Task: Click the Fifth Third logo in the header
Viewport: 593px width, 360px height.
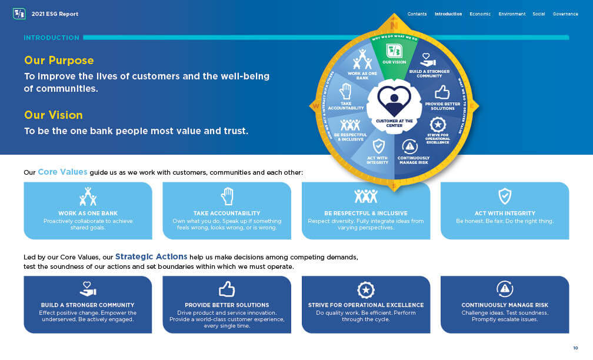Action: click(x=19, y=14)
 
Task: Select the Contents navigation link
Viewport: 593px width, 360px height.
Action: click(x=417, y=14)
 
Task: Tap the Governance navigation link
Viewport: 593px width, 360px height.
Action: click(x=565, y=14)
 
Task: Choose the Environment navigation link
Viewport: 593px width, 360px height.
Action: click(x=512, y=14)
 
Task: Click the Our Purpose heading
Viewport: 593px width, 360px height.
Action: click(x=59, y=61)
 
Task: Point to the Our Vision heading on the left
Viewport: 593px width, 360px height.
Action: click(x=54, y=115)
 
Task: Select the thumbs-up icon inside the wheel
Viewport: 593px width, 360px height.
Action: click(x=442, y=92)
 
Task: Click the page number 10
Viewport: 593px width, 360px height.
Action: click(x=575, y=348)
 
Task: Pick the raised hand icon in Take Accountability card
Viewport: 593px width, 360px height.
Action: click(x=227, y=196)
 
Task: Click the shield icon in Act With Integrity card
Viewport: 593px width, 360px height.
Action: click(x=505, y=196)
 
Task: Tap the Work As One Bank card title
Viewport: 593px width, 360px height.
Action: click(x=88, y=214)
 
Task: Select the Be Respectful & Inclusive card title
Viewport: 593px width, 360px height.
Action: click(x=365, y=214)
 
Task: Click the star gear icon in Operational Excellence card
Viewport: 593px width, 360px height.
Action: click(x=366, y=290)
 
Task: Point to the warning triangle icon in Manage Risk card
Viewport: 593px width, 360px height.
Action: click(x=505, y=289)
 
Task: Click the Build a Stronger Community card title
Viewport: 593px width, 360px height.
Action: click(x=88, y=305)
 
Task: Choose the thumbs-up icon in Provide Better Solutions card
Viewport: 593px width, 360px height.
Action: click(x=227, y=289)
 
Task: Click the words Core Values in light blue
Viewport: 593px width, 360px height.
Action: click(x=62, y=172)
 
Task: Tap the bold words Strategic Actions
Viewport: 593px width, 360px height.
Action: click(x=151, y=256)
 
